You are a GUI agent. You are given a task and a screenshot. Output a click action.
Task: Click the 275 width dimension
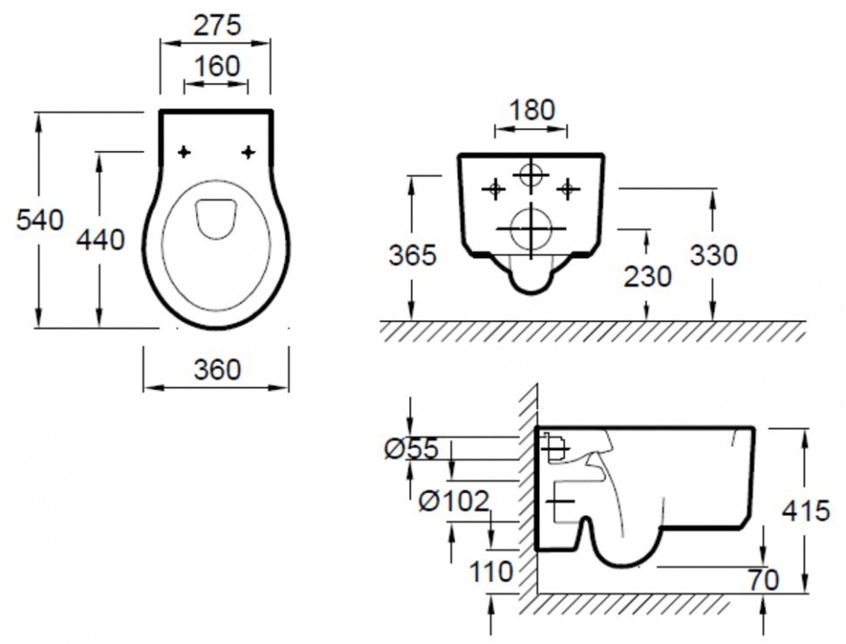pos(217,25)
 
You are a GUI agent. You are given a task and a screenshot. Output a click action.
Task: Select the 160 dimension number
pos(216,66)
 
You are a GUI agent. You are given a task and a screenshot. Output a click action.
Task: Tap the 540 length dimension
pos(40,220)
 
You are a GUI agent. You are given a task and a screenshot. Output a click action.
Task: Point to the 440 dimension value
pos(100,239)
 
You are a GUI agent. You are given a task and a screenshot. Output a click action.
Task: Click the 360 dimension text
pos(217,370)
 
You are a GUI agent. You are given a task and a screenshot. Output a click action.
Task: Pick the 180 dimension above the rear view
pos(531,110)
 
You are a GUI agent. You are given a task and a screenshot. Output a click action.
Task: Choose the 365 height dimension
pos(413,255)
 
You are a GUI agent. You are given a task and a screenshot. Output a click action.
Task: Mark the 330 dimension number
pos(713,255)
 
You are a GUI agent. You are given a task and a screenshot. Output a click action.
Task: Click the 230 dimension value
pos(647,277)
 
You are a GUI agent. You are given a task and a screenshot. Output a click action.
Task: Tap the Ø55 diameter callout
pos(412,449)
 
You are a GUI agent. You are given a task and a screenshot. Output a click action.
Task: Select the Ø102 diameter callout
pos(454,501)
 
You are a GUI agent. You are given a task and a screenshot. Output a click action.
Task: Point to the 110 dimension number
pos(491,571)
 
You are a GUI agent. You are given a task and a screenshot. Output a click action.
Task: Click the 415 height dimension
pos(806,510)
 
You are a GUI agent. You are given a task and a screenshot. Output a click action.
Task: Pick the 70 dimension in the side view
pos(763,580)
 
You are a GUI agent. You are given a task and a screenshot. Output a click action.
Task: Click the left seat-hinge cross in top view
pos(184,152)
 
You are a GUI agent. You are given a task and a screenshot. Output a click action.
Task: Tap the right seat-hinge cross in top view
pos(249,152)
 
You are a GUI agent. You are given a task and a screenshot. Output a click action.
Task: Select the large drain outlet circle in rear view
pos(531,229)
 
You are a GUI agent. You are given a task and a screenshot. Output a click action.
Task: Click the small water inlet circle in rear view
pos(531,175)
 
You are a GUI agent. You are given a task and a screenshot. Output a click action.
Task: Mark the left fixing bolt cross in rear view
pos(495,189)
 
